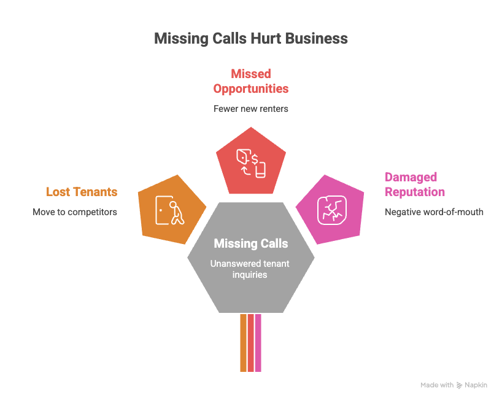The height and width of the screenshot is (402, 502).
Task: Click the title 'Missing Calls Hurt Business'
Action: tap(250, 39)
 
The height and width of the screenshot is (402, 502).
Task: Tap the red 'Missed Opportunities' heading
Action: tap(250, 81)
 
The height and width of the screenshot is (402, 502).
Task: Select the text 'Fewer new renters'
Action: tap(250, 109)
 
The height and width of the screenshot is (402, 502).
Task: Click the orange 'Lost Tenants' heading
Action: tap(82, 192)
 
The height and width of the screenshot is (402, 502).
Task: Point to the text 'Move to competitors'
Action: tap(75, 212)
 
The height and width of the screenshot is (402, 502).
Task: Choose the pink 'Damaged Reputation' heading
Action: tap(415, 184)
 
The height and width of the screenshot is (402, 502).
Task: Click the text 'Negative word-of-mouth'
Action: tap(434, 212)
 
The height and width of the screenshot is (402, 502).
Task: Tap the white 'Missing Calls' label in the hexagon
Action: tap(250, 244)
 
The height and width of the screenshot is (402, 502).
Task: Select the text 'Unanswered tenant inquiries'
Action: tap(250, 270)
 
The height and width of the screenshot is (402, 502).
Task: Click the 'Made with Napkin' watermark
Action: tap(454, 385)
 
